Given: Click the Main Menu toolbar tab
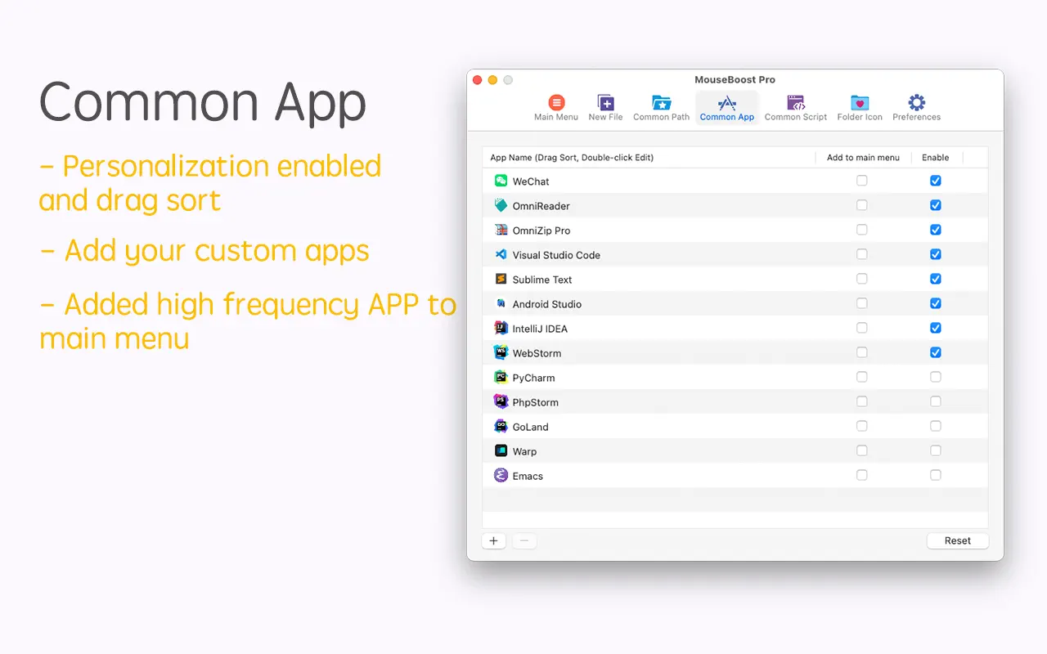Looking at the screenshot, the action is pyautogui.click(x=555, y=107).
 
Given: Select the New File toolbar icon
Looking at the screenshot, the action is pyautogui.click(x=605, y=102).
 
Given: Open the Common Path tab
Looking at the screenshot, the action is pyautogui.click(x=661, y=107).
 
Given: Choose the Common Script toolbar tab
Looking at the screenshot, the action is pyautogui.click(x=796, y=107).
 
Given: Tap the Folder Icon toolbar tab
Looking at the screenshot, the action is pyautogui.click(x=860, y=107).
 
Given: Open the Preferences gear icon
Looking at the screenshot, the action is pyautogui.click(x=916, y=102).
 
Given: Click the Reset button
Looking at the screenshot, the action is pyautogui.click(x=957, y=540).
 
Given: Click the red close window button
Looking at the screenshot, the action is pyautogui.click(x=477, y=80).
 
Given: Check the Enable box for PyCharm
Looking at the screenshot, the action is pyautogui.click(x=935, y=377).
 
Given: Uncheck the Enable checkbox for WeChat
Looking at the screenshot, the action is pyautogui.click(x=935, y=181).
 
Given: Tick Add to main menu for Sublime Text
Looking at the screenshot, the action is pyautogui.click(x=861, y=279).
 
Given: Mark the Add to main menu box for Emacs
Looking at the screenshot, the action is pyautogui.click(x=861, y=475).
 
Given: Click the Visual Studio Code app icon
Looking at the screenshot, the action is pyautogui.click(x=501, y=254).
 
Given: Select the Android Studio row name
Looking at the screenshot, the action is pyautogui.click(x=547, y=304).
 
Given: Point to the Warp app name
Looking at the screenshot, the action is pyautogui.click(x=524, y=452).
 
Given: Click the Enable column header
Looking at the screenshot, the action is pyautogui.click(x=935, y=158).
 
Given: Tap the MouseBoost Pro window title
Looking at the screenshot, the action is pyautogui.click(x=735, y=79).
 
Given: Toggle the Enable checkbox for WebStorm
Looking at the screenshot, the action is pyautogui.click(x=935, y=352).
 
